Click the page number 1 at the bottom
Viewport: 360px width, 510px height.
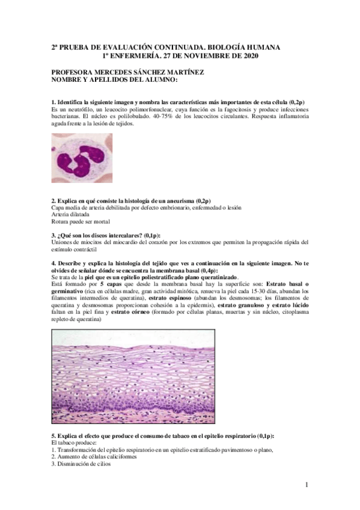(307, 485)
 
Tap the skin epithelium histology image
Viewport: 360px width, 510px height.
(180, 378)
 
